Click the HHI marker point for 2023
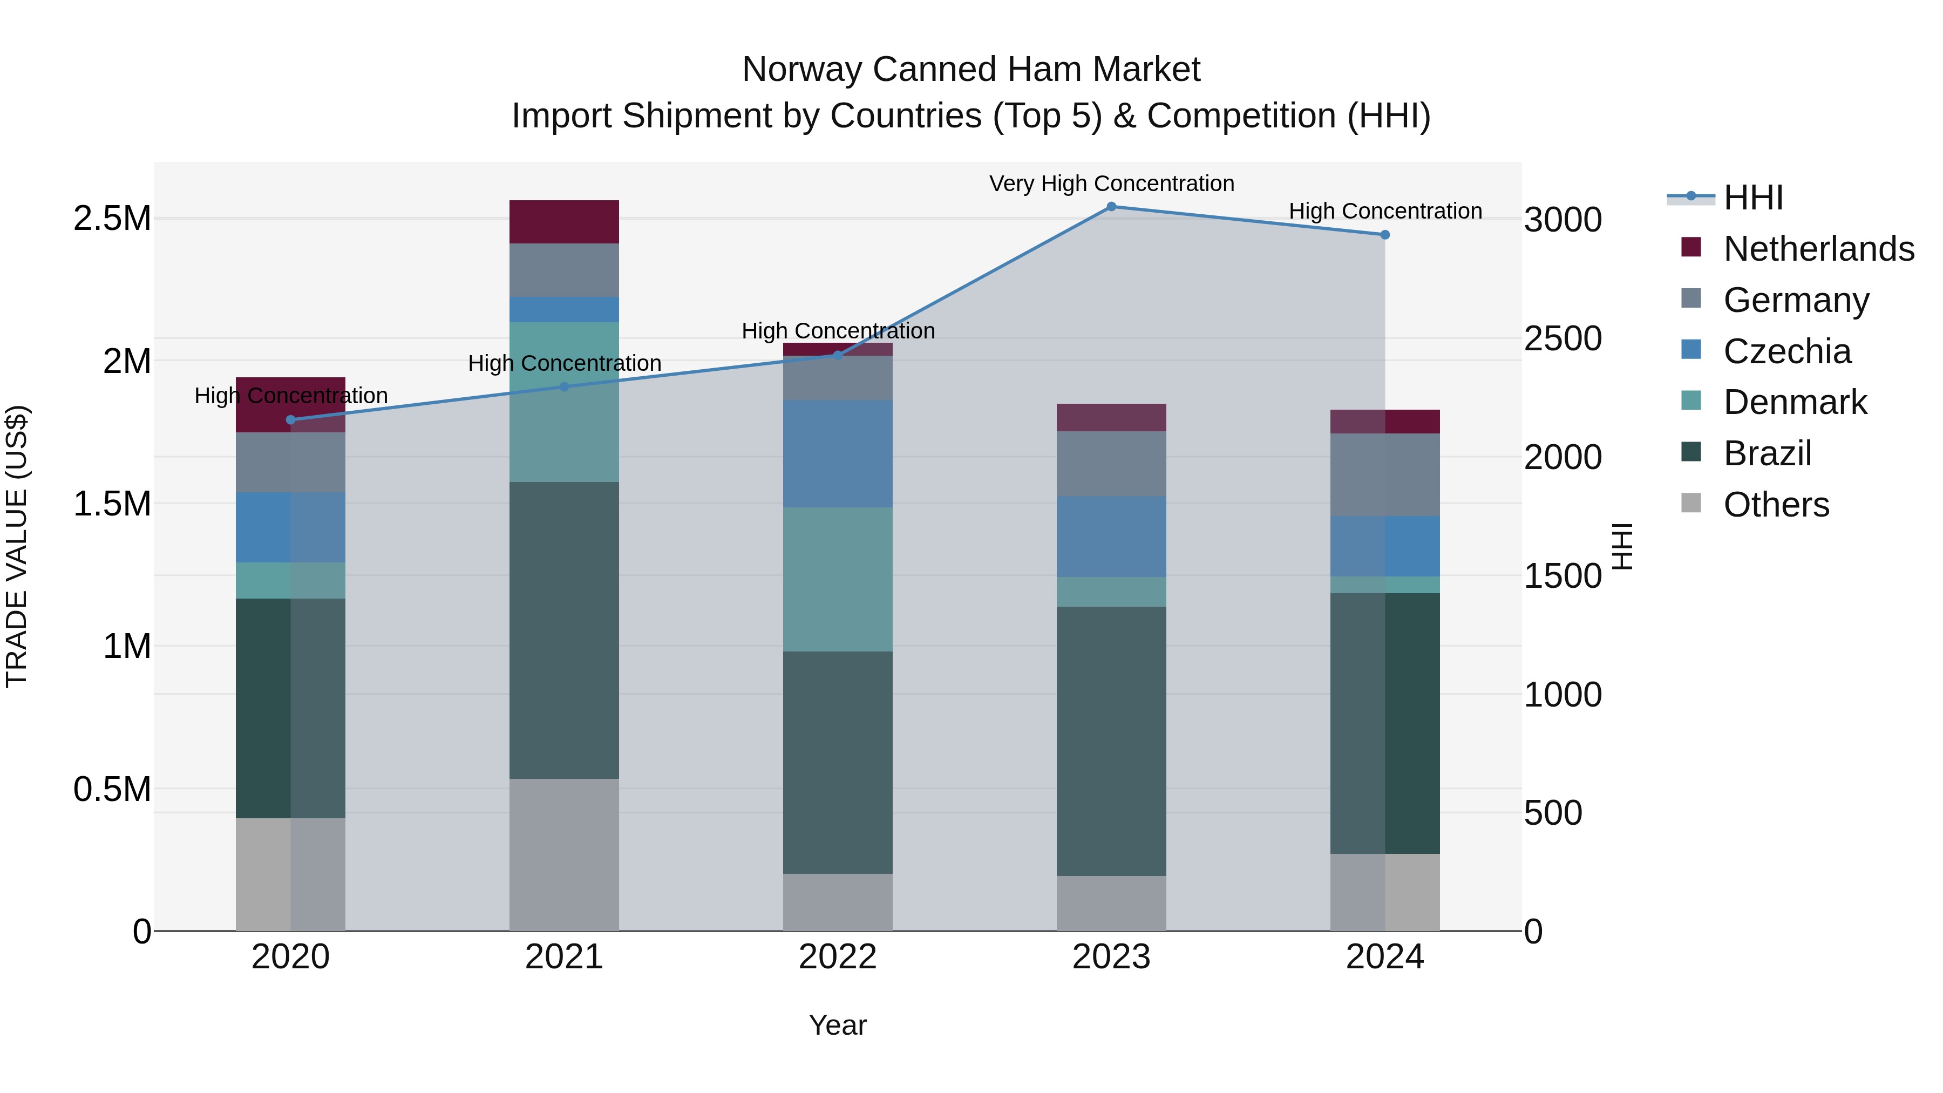click(x=1111, y=206)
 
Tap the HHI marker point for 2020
click(x=290, y=419)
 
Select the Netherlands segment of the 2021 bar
click(x=564, y=222)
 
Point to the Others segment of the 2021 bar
click(x=564, y=854)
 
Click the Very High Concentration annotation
click(x=1111, y=184)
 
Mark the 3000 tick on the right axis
click(x=1562, y=220)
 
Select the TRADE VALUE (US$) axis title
click(x=17, y=546)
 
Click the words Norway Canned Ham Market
click(x=971, y=70)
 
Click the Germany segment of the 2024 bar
click(x=1385, y=474)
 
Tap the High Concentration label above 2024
click(x=1385, y=211)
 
